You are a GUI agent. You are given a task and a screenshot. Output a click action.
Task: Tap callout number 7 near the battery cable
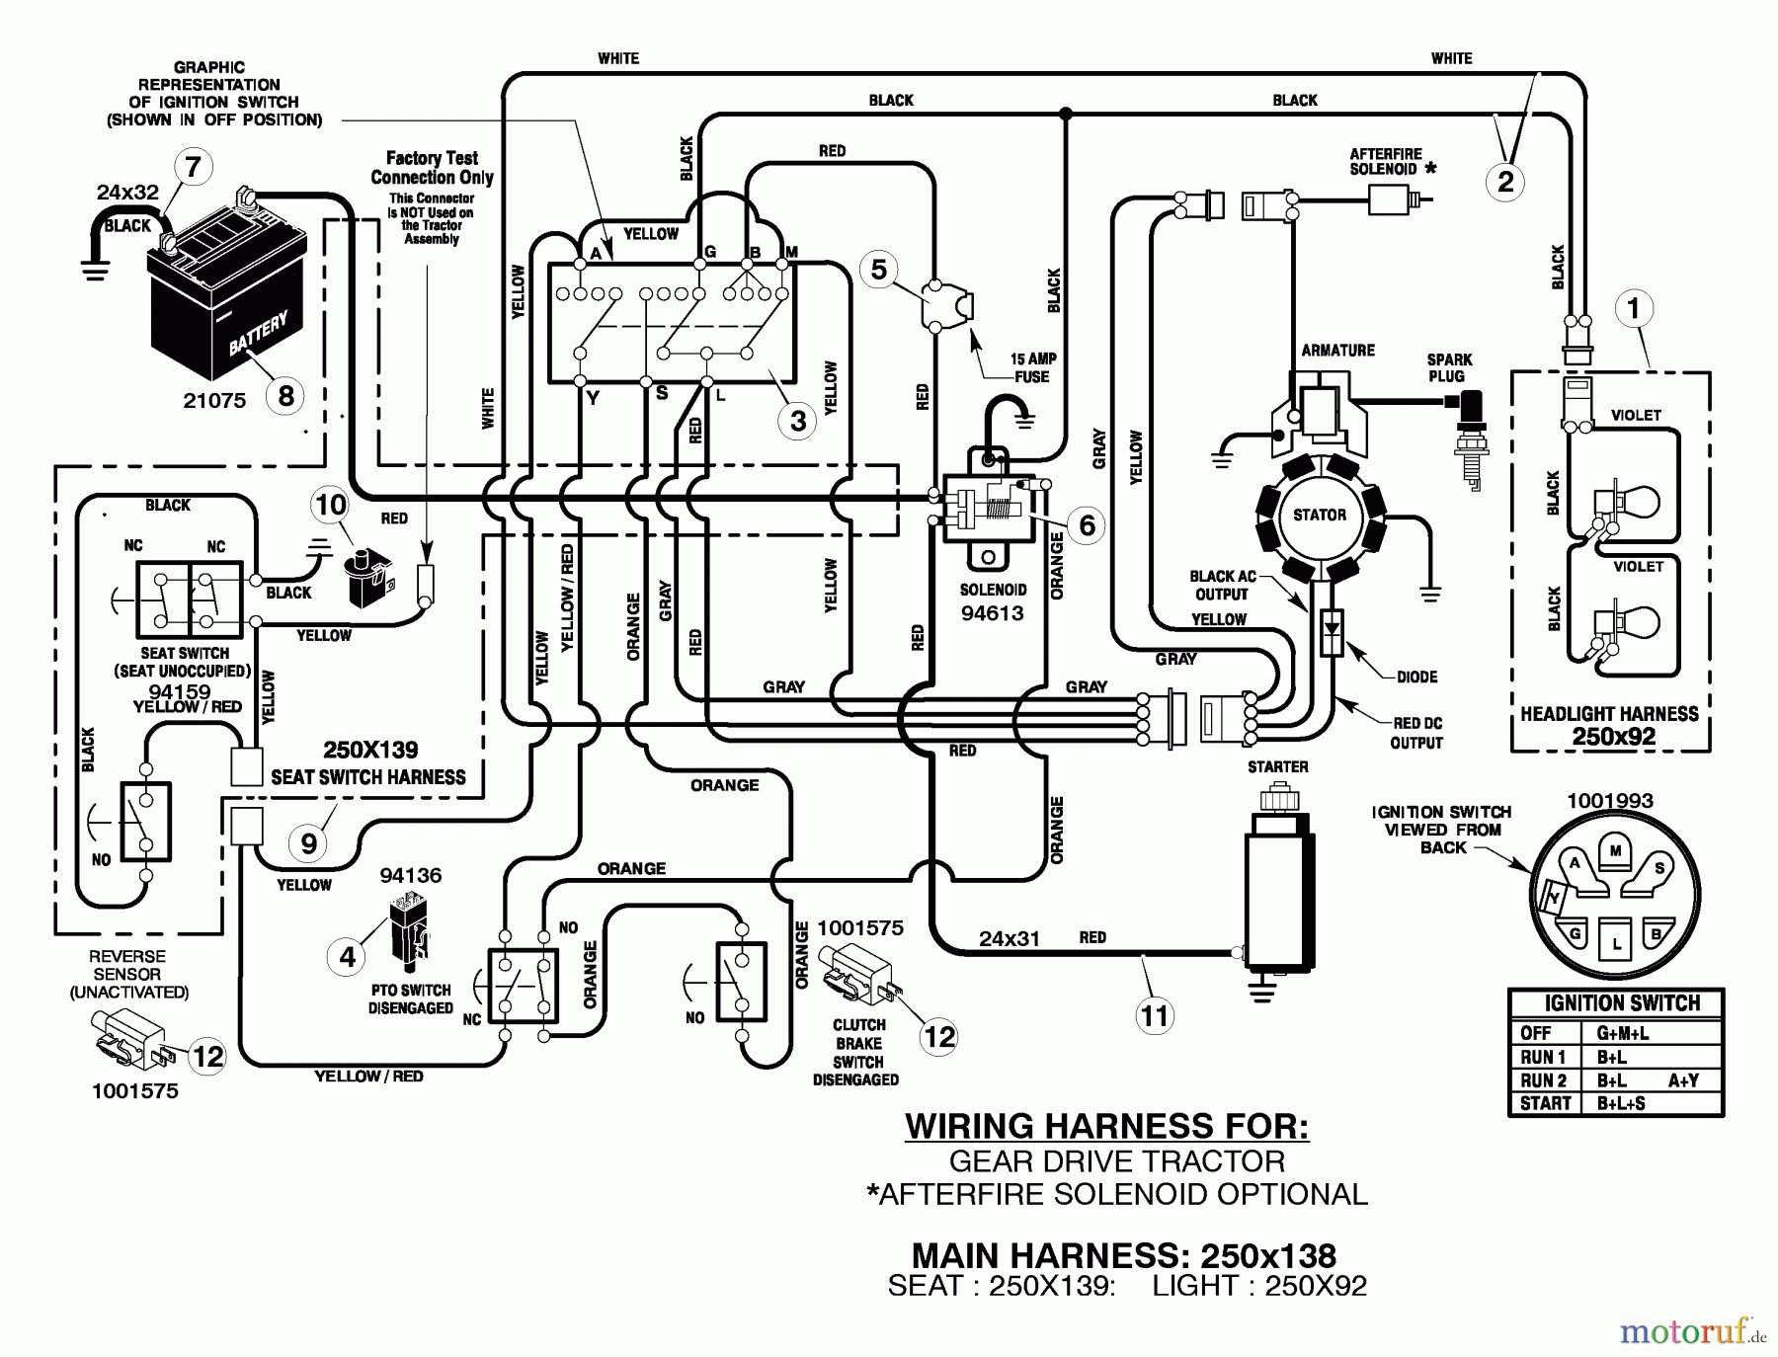[x=193, y=166]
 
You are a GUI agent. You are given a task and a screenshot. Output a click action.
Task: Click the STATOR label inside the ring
[x=1320, y=515]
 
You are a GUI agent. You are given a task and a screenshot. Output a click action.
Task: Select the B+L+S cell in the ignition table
[x=1621, y=1103]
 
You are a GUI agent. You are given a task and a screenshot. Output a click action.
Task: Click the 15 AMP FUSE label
[x=1031, y=367]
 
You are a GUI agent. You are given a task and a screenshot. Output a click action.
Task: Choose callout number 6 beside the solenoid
[x=1087, y=524]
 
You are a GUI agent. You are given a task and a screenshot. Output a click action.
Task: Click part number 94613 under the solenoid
[x=992, y=612]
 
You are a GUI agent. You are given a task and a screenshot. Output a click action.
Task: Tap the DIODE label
[x=1416, y=677]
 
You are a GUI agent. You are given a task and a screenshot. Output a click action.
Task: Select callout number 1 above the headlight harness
[x=1633, y=308]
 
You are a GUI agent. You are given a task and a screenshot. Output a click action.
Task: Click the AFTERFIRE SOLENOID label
[x=1386, y=161]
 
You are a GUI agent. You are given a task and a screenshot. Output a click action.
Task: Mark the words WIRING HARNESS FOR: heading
[x=1106, y=1126]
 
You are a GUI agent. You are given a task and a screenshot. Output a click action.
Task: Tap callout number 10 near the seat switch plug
[x=330, y=505]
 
